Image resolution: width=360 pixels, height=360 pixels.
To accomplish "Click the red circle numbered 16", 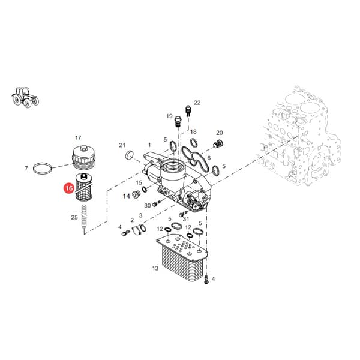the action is [69, 188].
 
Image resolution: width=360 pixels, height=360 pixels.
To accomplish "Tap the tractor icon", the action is [25, 97].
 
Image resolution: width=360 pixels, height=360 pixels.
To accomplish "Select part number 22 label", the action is [197, 103].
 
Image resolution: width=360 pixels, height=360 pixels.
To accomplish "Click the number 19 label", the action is [169, 116].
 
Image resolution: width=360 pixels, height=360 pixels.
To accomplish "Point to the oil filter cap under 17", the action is [83, 155].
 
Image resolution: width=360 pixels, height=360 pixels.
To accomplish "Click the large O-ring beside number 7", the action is [42, 169].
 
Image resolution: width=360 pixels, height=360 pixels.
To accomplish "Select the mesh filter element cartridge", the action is [84, 187].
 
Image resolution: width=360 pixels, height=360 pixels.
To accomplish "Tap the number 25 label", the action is [74, 217].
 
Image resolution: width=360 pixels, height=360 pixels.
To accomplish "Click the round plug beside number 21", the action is [129, 155].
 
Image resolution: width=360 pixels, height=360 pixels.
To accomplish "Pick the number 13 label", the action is [155, 268].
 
